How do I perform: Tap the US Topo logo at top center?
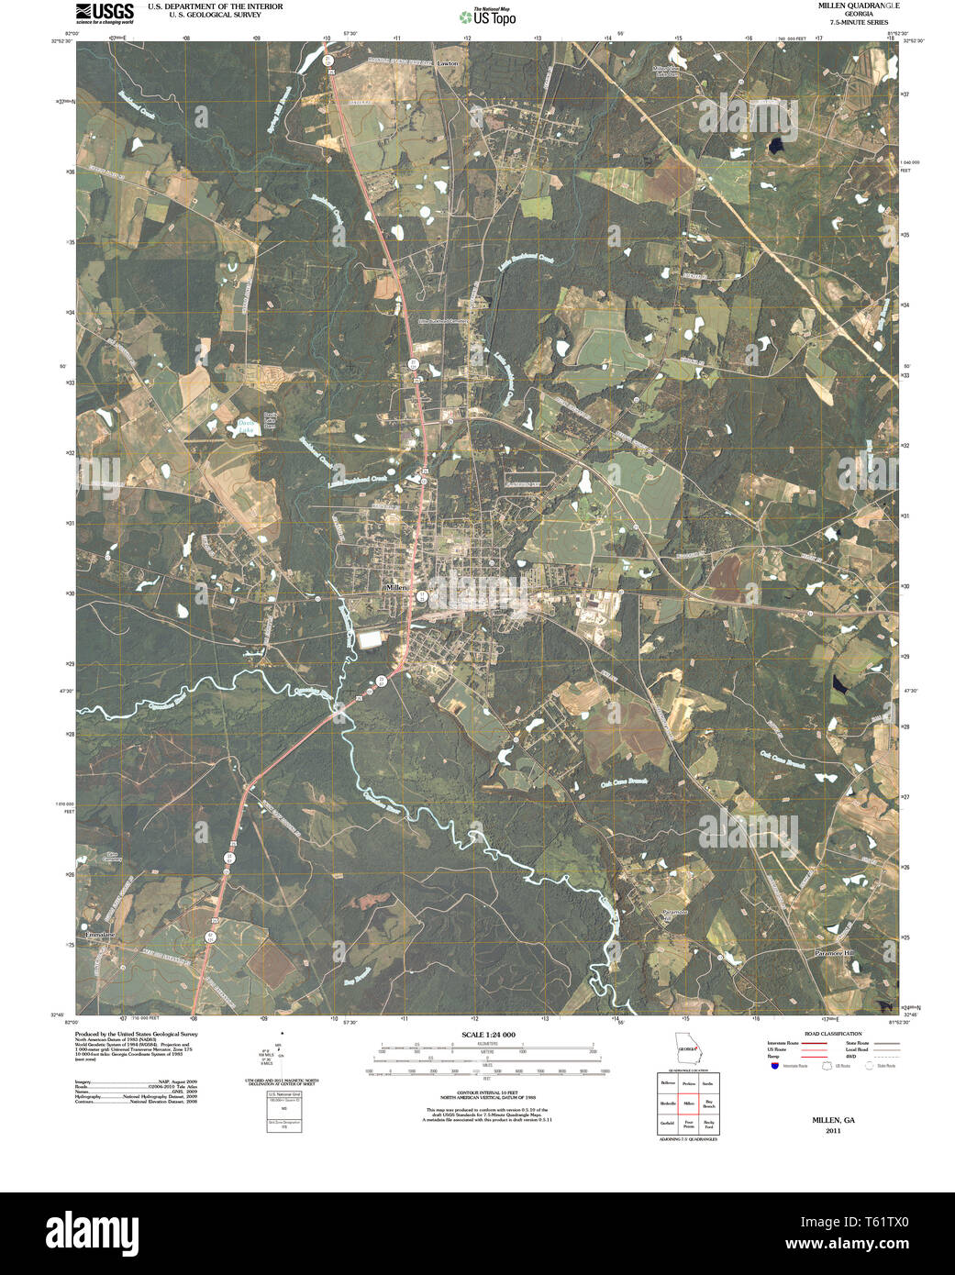489,17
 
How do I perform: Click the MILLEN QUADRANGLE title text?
846,6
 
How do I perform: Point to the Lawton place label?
448,63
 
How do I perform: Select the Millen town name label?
398,586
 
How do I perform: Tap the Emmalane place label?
101,934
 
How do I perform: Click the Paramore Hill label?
834,954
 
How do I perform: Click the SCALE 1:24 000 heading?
487,1035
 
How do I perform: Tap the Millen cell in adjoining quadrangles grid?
687,1103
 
